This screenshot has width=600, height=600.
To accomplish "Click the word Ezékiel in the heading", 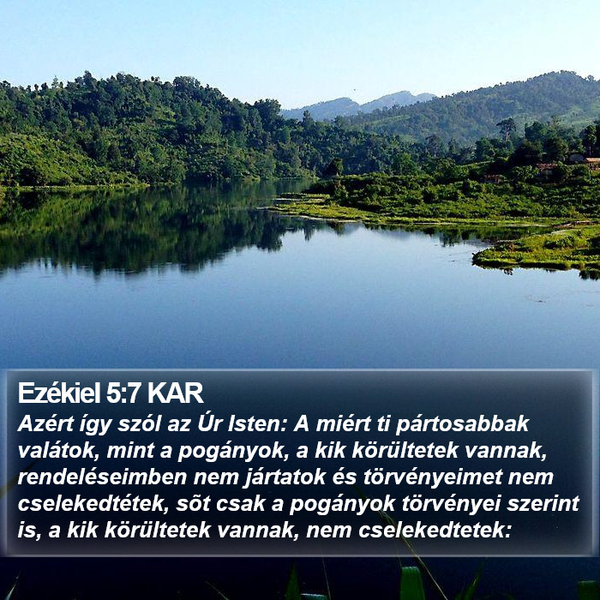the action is [x=59, y=393].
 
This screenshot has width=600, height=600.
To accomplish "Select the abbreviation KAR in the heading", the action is [x=175, y=393].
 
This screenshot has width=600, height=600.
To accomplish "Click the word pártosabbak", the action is [x=462, y=425].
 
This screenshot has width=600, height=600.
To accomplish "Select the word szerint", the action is [x=543, y=504].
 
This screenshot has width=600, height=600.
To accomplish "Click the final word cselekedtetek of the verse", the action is [x=435, y=531].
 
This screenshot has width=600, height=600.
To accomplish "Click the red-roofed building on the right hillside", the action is [x=593, y=161].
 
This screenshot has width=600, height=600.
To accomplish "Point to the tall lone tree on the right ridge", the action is [x=507, y=129].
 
